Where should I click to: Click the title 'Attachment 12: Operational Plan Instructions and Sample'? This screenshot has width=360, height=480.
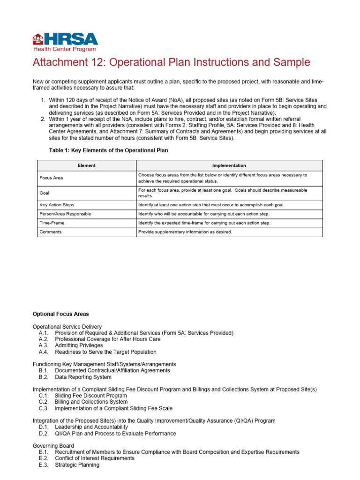tap(171, 63)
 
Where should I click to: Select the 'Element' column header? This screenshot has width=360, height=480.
tap(86, 165)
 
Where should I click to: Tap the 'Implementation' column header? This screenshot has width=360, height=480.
tap(229, 165)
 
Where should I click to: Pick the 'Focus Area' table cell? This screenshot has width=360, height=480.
tap(52, 178)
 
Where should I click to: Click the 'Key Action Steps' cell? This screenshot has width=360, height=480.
tap(57, 205)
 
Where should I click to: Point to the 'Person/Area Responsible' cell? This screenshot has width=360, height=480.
tap(65, 214)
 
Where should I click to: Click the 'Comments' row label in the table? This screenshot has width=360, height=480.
tap(51, 232)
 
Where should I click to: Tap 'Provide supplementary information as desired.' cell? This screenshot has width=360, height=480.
tap(185, 232)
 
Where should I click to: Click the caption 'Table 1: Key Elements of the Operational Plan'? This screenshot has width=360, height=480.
tap(108, 150)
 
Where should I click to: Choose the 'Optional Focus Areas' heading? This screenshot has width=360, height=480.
tap(60, 314)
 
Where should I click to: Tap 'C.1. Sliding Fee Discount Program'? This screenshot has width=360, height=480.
tap(83, 396)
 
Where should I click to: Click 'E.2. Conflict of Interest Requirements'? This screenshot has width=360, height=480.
tap(87, 458)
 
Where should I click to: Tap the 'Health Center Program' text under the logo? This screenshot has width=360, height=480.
tap(64, 49)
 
